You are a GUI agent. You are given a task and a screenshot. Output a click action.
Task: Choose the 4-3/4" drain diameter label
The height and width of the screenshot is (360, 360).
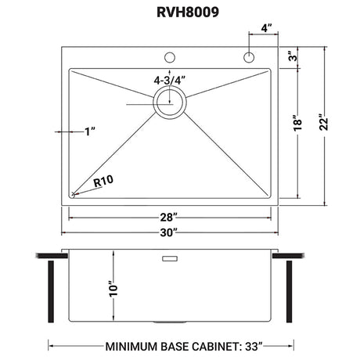point(170,78)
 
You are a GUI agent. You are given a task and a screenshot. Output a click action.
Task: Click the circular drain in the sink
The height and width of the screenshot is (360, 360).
point(169,102)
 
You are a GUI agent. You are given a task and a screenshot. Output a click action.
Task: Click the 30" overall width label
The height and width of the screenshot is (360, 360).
point(169,232)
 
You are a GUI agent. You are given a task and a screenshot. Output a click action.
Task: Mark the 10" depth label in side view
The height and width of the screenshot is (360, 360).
point(115,288)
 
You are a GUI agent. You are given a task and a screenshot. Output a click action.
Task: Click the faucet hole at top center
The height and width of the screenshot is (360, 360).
point(169,57)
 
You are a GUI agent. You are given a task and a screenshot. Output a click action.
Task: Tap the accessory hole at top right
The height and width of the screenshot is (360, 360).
point(249,57)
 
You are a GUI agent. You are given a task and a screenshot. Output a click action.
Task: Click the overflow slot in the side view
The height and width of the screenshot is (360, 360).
point(170,257)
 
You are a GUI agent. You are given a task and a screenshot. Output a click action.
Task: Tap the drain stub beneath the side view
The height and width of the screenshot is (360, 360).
point(170,324)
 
